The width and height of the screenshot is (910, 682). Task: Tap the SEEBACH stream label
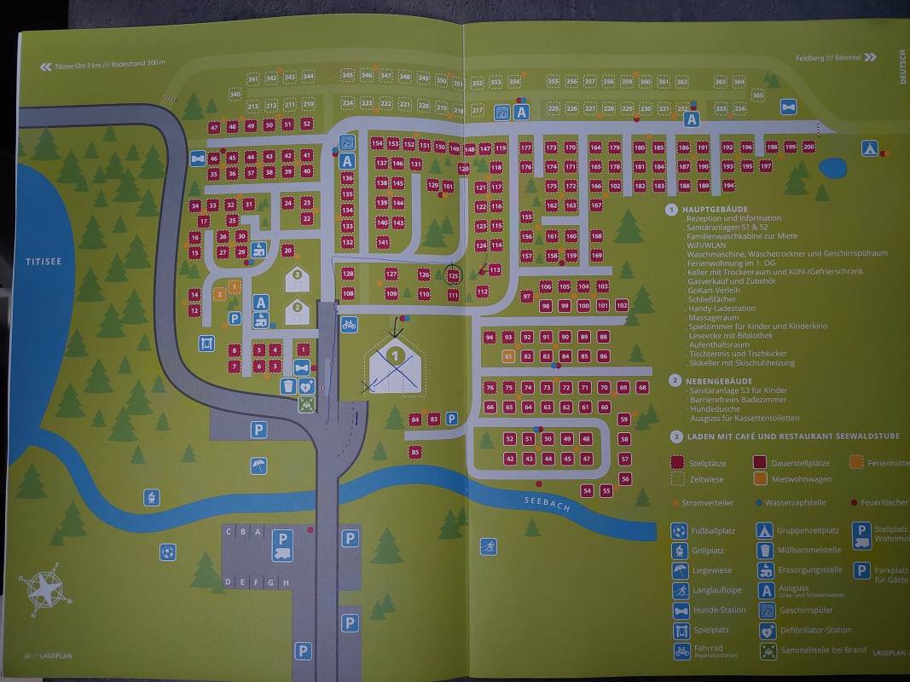[x=546, y=503]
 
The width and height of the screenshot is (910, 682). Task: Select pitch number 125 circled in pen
[x=454, y=275]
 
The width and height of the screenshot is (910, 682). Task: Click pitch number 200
[x=809, y=147]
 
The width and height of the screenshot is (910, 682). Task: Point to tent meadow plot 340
[x=235, y=95]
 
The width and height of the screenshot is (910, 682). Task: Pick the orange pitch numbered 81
[x=508, y=356]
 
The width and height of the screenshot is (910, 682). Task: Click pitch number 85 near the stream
[x=415, y=452]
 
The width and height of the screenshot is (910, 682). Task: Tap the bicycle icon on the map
[x=348, y=324]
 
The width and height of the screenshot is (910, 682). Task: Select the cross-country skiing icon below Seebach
[x=488, y=546]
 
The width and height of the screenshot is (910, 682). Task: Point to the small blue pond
[x=832, y=169]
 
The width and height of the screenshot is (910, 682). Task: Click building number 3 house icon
[x=297, y=276]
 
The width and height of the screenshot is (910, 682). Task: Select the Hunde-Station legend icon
[x=681, y=610]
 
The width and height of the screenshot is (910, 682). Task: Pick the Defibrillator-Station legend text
[x=815, y=631]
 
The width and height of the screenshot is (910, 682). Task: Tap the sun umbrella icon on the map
[x=258, y=466]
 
